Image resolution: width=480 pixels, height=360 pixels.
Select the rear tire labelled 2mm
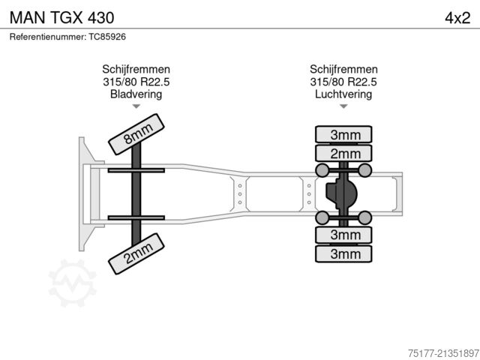point(344,154)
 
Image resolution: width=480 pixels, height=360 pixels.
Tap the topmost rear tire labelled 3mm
point(344,135)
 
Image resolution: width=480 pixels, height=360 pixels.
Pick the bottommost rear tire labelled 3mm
point(344,254)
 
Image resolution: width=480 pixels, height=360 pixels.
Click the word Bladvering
point(136,94)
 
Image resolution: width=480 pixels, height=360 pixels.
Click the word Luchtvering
point(343,94)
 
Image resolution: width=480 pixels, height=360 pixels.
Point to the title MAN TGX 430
point(62,16)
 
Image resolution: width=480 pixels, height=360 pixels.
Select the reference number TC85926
point(108,36)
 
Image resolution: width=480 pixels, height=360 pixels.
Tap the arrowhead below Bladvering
point(136,107)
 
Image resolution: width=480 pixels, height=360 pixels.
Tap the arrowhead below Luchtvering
point(343,107)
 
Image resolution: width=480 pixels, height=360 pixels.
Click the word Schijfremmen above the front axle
point(136,69)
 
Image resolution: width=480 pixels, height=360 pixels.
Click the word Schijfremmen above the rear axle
point(343,69)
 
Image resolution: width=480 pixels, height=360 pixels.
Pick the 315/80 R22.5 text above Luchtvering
point(343,82)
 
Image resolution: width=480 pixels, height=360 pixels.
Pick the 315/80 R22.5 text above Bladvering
point(136,82)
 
